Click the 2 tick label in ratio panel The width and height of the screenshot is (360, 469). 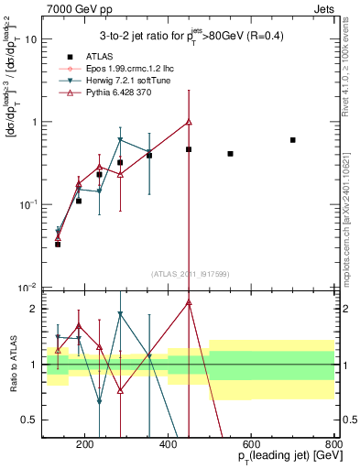click(x=35, y=309)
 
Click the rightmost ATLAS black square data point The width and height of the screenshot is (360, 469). click(x=293, y=140)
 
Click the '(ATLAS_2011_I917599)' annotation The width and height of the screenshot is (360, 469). click(x=189, y=274)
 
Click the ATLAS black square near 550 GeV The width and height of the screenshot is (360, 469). click(x=230, y=154)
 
